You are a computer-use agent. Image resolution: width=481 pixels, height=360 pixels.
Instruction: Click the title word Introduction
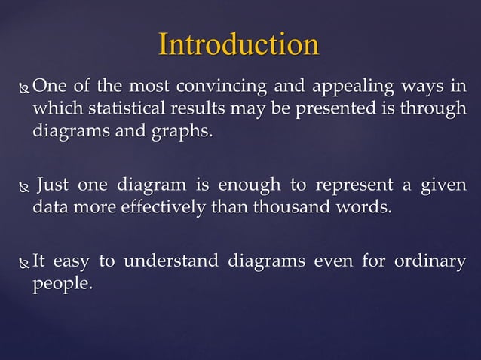238,45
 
